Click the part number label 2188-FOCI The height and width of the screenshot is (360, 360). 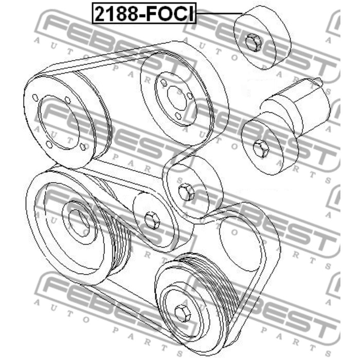(144, 13)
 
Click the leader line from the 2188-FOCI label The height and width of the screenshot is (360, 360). (219, 13)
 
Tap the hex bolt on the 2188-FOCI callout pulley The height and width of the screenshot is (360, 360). (253, 42)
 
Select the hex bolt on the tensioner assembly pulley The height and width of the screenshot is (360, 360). (261, 149)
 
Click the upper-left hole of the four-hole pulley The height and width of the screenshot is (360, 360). (35, 97)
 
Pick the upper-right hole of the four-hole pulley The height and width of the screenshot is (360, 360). (68, 100)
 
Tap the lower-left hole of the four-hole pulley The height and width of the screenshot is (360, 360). (49, 145)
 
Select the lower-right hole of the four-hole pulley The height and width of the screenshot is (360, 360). (83, 147)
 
